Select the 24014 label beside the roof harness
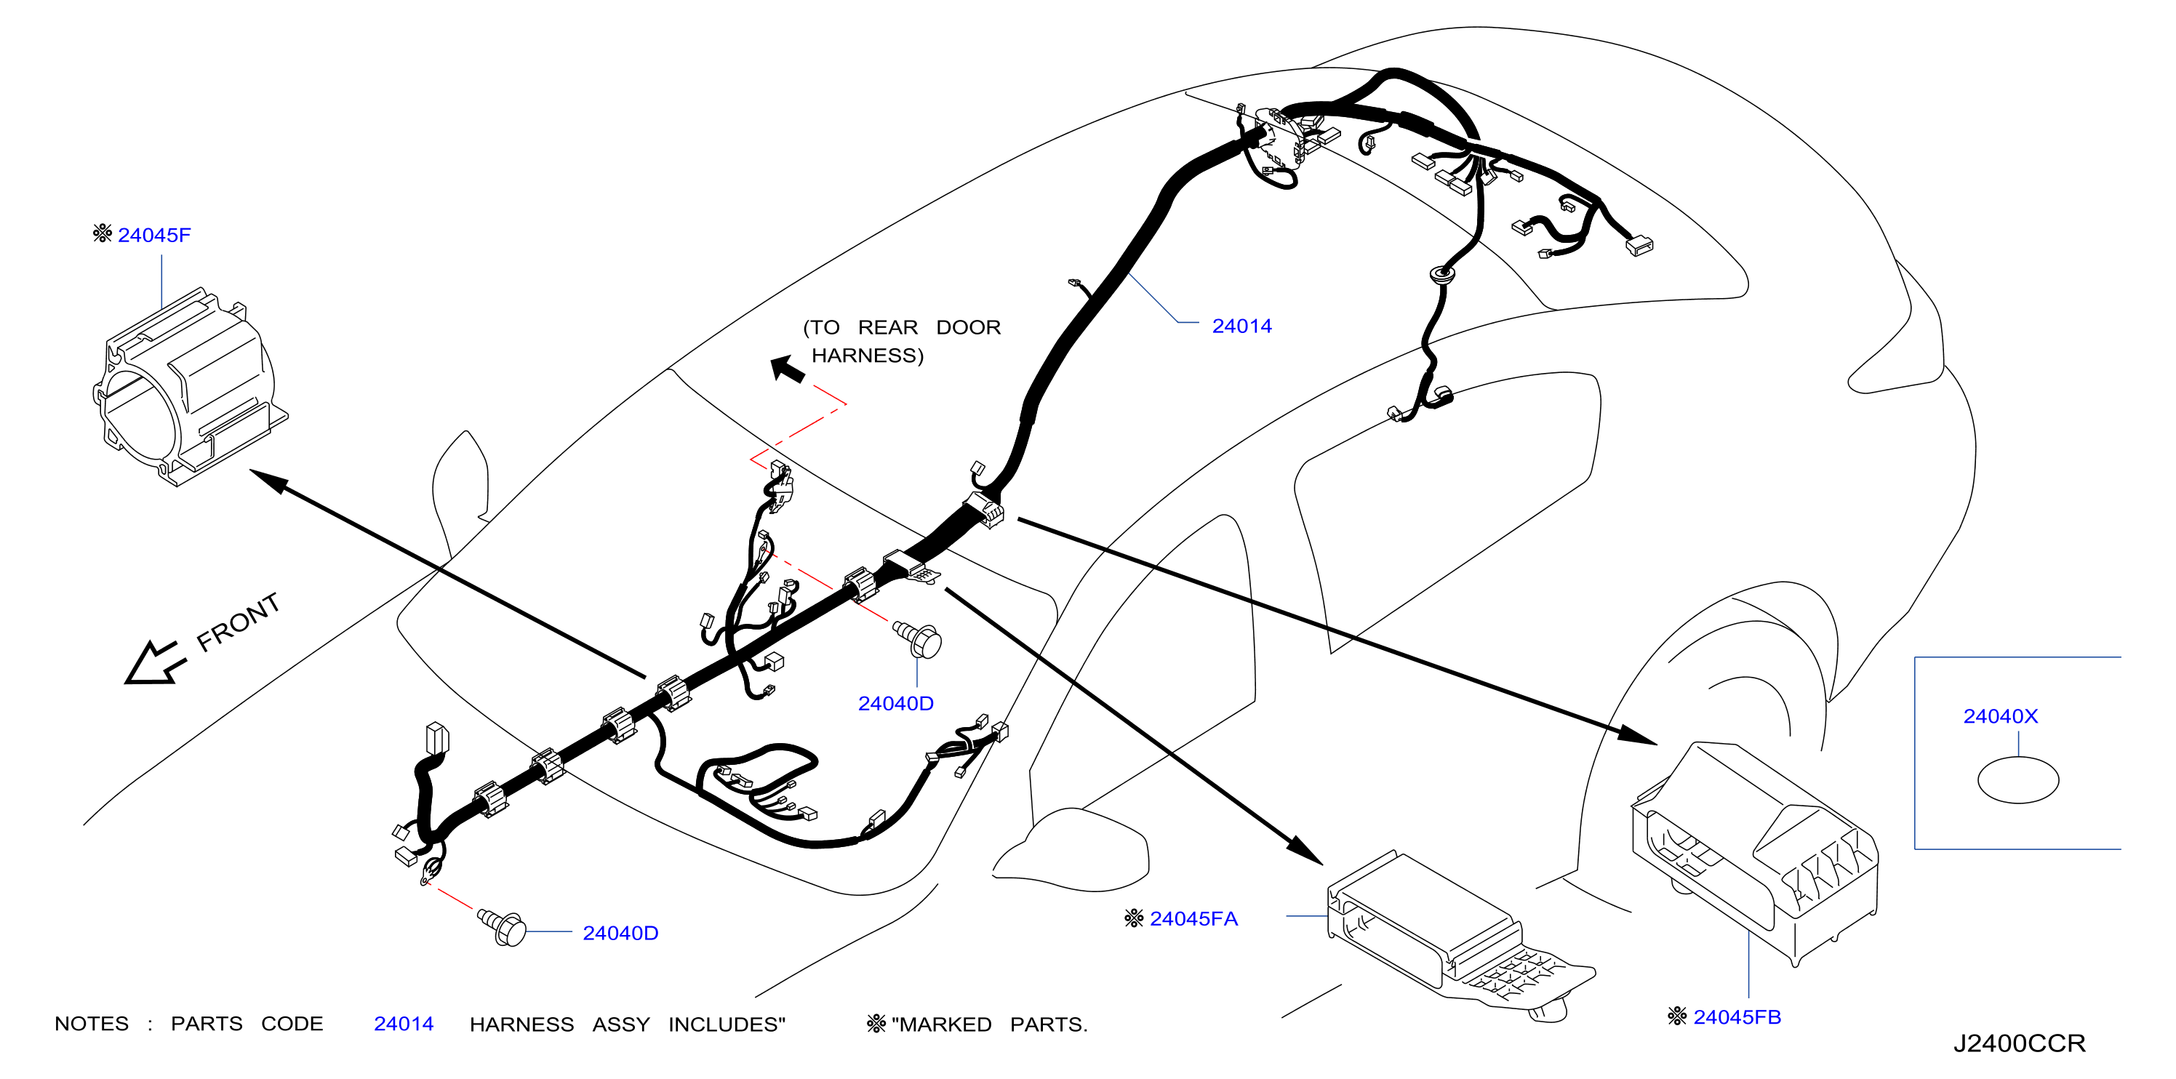tap(1241, 326)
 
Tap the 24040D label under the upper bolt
tap(895, 703)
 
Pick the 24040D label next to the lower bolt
tap(620, 933)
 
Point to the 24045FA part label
tap(1193, 918)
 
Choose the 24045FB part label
tap(1737, 1017)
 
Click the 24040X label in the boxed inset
tap(2000, 716)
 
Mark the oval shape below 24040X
tap(2018, 780)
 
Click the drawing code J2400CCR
tap(2019, 1043)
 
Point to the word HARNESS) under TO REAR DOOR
tap(868, 356)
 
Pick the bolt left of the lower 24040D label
tap(503, 927)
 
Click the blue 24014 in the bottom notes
tap(404, 1024)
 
